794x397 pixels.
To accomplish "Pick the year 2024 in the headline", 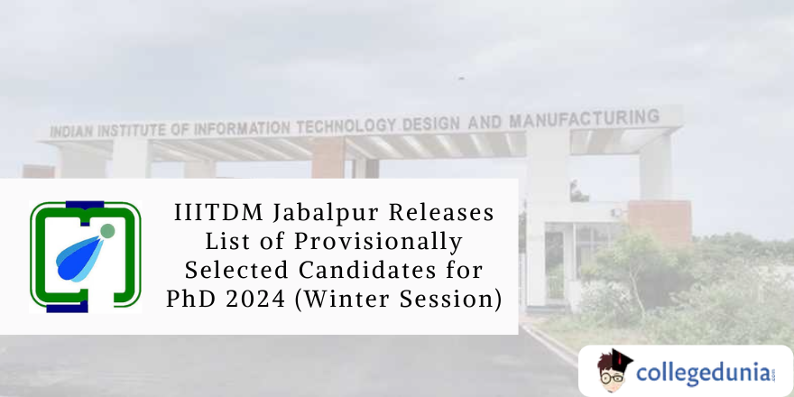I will [249, 298].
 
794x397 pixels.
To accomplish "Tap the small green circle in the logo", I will [107, 231].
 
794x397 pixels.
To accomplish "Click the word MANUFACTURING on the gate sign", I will [584, 119].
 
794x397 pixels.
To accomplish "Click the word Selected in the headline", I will [236, 270].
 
